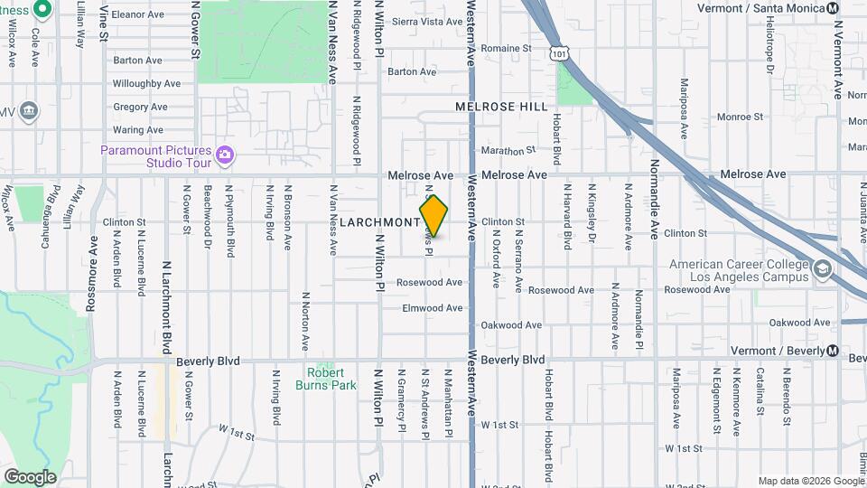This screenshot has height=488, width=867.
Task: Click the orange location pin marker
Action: coord(434,216)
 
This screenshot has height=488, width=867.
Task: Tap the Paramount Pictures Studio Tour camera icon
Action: coord(225,156)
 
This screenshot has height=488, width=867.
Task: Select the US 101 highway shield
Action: coord(561,54)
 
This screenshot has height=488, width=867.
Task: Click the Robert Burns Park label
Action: coord(325,379)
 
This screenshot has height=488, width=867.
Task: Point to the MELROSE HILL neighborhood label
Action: coord(501,107)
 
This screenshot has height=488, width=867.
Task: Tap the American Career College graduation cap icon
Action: coord(822,269)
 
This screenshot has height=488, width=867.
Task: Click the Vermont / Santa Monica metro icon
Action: coord(832,8)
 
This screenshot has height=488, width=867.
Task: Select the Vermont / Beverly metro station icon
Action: coord(832,350)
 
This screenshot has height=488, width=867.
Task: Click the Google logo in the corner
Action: coord(30,477)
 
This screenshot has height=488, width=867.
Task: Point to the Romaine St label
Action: coord(506,49)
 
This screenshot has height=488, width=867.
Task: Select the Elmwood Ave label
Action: coord(433,308)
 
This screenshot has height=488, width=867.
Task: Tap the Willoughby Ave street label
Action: coord(146,84)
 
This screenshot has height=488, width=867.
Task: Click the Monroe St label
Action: coord(740,117)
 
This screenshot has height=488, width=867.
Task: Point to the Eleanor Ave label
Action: coord(138,15)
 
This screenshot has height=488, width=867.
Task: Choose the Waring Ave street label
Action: coord(139,130)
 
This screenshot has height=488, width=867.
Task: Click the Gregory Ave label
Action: coord(140,107)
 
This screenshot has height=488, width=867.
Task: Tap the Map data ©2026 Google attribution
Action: coord(810,481)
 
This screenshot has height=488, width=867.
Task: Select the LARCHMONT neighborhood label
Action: coord(379,222)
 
